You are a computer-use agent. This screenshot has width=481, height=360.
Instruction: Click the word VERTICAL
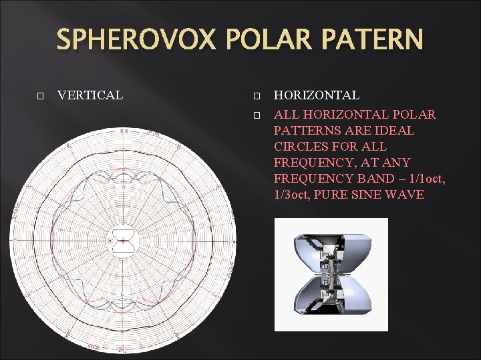(90, 95)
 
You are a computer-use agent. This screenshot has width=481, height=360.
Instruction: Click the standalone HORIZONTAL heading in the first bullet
(316, 95)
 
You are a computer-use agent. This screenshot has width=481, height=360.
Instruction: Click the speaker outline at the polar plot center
(122, 240)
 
